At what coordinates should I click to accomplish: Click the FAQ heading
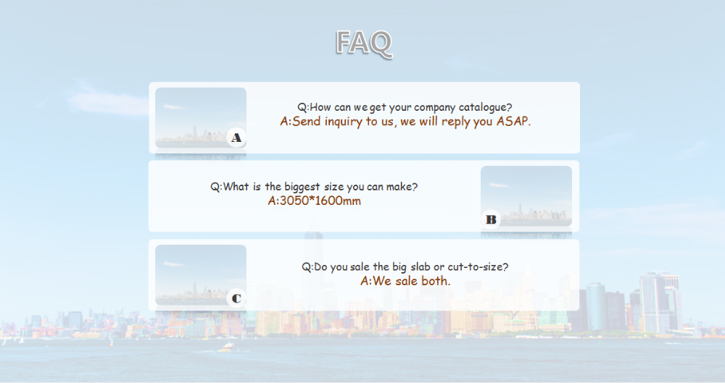click(364, 43)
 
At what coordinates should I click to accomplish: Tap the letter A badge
click(236, 138)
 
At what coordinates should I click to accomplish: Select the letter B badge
click(491, 219)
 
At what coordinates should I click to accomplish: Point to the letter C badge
click(236, 298)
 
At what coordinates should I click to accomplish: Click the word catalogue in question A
click(485, 107)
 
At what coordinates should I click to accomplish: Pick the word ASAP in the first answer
click(513, 122)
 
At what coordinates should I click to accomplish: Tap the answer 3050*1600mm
click(315, 201)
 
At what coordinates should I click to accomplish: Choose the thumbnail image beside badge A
click(201, 118)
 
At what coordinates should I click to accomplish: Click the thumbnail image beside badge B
click(526, 196)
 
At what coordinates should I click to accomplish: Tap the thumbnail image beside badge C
click(201, 275)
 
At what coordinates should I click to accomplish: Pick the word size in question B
click(333, 187)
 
